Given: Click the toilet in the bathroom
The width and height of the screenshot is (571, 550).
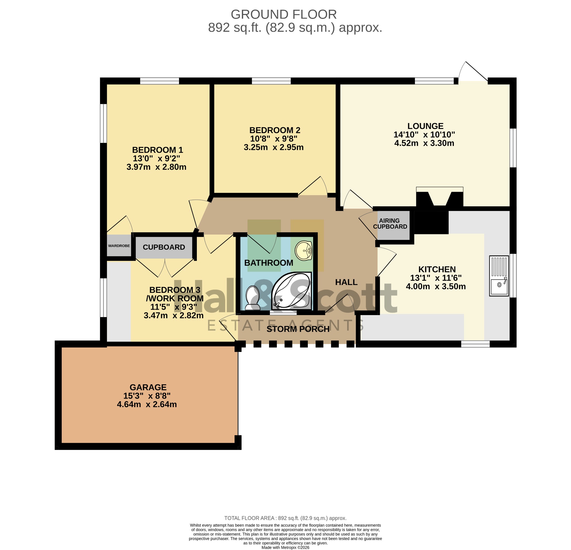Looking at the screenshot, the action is pyautogui.click(x=253, y=298).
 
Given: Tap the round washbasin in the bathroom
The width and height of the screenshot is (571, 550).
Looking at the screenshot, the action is pyautogui.click(x=304, y=250).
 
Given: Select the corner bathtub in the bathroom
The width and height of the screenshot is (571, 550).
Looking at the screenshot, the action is pyautogui.click(x=292, y=291).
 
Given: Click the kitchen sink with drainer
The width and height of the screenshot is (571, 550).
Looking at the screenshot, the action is pyautogui.click(x=499, y=276).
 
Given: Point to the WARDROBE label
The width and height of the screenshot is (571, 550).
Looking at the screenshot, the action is pyautogui.click(x=119, y=246).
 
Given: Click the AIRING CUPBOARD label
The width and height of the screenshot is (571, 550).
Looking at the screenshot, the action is pyautogui.click(x=390, y=224).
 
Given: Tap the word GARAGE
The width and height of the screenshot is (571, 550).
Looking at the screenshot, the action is pyautogui.click(x=148, y=387).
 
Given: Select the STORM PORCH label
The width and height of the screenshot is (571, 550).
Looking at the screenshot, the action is pyautogui.click(x=298, y=329).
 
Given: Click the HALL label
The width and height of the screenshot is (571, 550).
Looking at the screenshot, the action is pyautogui.click(x=346, y=282).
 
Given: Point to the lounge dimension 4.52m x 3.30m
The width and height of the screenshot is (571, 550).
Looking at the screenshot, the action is pyautogui.click(x=424, y=143).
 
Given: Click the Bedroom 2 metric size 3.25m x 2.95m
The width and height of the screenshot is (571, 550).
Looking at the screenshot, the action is pyautogui.click(x=274, y=147).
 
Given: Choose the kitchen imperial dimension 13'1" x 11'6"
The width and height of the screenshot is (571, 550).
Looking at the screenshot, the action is pyautogui.click(x=436, y=278).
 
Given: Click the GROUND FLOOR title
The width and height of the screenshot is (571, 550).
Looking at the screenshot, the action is pyautogui.click(x=284, y=14).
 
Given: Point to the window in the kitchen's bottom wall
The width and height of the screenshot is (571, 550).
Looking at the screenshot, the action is pyautogui.click(x=475, y=344).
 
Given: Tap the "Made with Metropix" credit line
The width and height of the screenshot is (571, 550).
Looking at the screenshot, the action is pyautogui.click(x=285, y=547).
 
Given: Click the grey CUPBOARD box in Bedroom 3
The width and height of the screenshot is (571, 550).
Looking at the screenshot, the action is pyautogui.click(x=164, y=247).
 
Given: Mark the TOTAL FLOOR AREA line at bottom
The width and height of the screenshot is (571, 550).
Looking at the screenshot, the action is pyautogui.click(x=285, y=518).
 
